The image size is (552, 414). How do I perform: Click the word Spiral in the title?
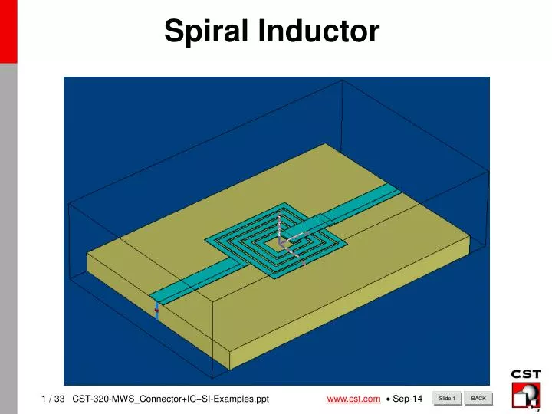click(x=207, y=31)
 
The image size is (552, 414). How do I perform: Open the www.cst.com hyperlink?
click(x=353, y=399)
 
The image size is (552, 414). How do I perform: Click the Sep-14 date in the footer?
click(x=407, y=399)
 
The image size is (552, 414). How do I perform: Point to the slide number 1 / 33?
click(x=53, y=399)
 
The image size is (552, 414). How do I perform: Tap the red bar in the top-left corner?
click(x=8, y=31)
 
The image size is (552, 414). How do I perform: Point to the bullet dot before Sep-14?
click(x=389, y=399)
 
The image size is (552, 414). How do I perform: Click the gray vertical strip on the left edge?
click(x=8, y=230)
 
